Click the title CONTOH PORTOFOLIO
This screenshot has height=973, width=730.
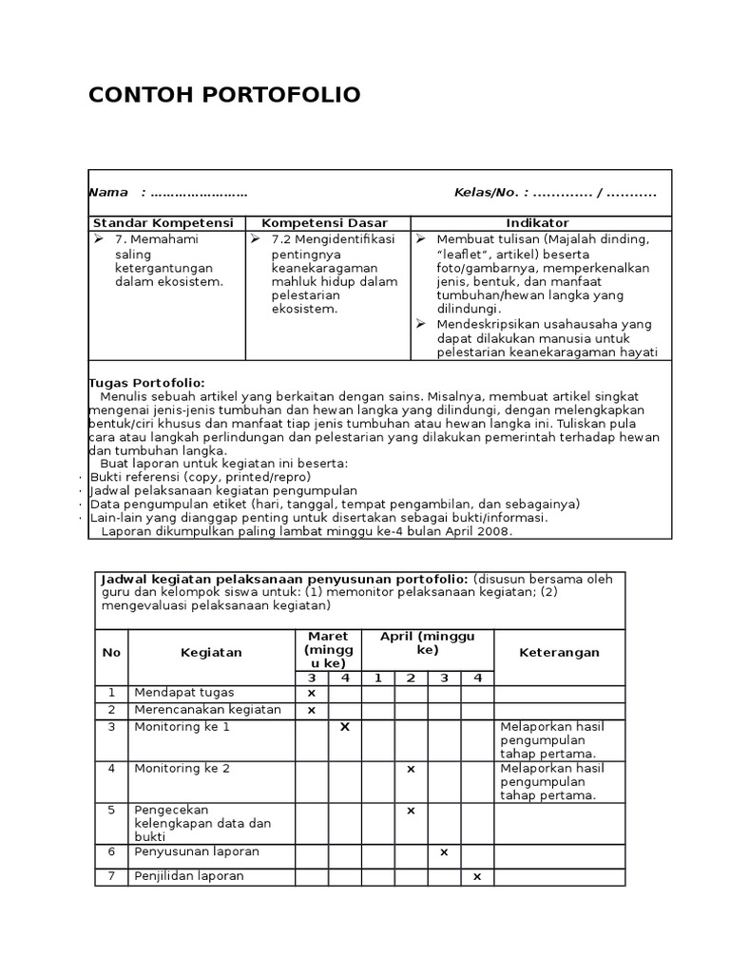(x=224, y=95)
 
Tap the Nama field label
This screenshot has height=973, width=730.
(x=108, y=193)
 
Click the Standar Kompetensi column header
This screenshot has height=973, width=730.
(x=163, y=223)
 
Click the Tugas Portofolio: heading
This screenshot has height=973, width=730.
(x=146, y=383)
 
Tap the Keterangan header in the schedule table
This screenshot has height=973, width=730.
(x=559, y=653)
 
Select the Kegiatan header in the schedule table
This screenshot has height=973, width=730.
(x=211, y=653)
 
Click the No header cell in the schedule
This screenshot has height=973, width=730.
(x=111, y=653)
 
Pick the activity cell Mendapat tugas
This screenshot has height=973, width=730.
(x=183, y=693)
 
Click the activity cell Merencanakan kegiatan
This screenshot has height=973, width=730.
(x=207, y=710)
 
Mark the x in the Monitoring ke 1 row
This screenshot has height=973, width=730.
(x=345, y=727)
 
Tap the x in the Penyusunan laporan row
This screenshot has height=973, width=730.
(x=444, y=852)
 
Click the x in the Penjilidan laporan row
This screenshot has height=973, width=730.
(x=477, y=876)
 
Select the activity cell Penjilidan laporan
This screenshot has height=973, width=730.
(x=189, y=876)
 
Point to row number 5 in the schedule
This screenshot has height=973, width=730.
(x=111, y=811)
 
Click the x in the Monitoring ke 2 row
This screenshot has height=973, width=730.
(x=411, y=769)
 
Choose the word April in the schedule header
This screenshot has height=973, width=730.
(x=397, y=637)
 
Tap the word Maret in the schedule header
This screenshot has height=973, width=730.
(x=328, y=637)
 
